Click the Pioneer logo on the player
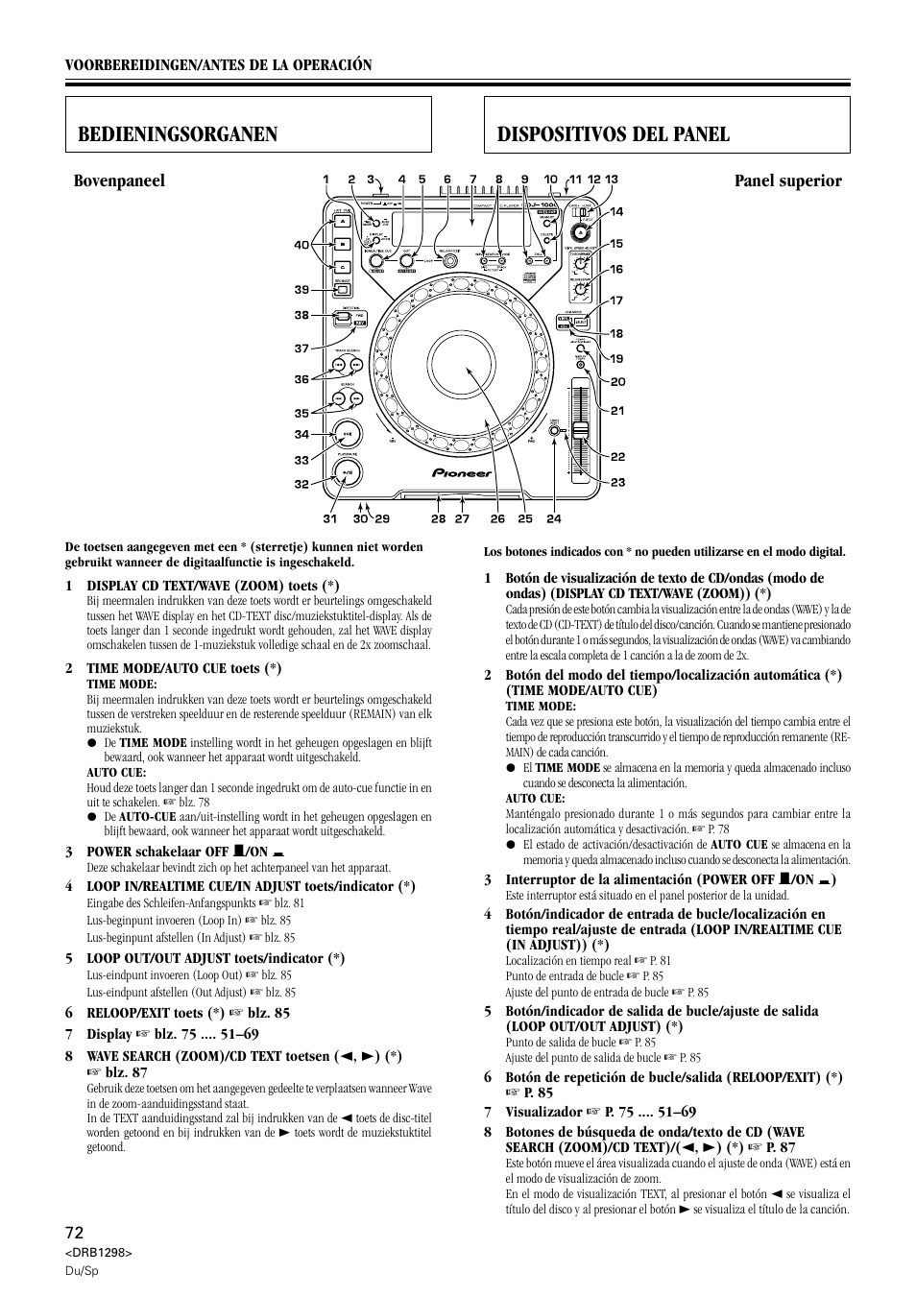pyautogui.click(x=461, y=472)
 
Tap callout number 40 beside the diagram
pyautogui.click(x=301, y=246)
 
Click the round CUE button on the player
pyautogui.click(x=346, y=434)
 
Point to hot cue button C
pyautogui.click(x=341, y=266)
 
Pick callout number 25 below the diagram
pyautogui.click(x=524, y=519)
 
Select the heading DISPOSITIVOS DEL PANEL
pyautogui.click(x=614, y=134)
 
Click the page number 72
pyautogui.click(x=74, y=1232)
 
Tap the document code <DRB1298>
pyautogui.click(x=98, y=1254)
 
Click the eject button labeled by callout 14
pyautogui.click(x=581, y=232)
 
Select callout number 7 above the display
pyautogui.click(x=473, y=180)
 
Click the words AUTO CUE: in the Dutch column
pyautogui.click(x=116, y=773)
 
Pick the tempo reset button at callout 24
pyautogui.click(x=554, y=431)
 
